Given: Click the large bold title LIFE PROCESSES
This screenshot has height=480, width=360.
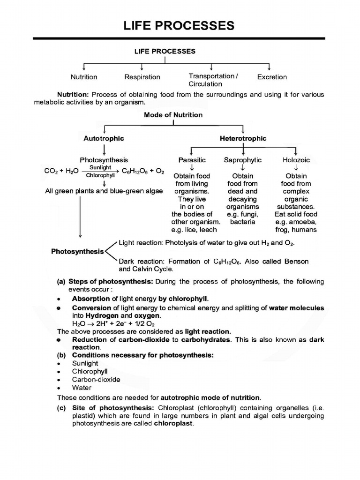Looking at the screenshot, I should [x=179, y=26].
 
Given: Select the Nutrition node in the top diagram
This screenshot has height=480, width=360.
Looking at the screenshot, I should [x=84, y=77].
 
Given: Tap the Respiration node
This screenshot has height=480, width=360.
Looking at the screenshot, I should [x=142, y=77].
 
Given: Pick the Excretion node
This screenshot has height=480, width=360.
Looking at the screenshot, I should [x=272, y=77].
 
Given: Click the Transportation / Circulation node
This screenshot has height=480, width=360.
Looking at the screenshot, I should [x=213, y=80].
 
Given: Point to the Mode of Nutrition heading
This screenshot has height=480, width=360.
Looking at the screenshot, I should [x=173, y=115].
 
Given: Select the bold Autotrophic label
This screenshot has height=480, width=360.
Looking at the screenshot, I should [x=104, y=139].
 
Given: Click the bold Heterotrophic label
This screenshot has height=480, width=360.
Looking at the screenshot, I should [x=243, y=139].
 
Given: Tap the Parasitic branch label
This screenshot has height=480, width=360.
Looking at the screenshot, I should [x=192, y=160].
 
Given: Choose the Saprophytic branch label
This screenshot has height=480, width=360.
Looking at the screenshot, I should [x=243, y=160].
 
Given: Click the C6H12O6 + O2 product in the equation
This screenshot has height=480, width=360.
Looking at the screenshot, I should [x=143, y=172].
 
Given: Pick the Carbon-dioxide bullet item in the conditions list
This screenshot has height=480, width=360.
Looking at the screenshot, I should [x=96, y=379].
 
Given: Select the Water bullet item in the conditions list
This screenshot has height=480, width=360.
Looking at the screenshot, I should [x=82, y=388].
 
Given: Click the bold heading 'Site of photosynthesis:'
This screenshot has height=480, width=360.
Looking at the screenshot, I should [x=106, y=407].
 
